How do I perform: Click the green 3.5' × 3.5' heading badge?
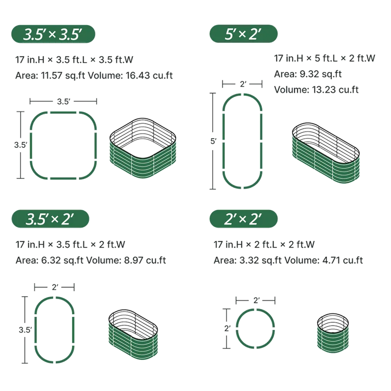53,34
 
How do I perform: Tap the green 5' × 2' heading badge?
243,34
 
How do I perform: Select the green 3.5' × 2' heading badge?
50,218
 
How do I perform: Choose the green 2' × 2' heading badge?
243,218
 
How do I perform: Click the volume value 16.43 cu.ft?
149,75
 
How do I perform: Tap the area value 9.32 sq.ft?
321,74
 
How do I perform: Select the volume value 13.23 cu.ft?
335,90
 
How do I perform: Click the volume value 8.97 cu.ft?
145,261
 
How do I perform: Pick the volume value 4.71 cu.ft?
343,261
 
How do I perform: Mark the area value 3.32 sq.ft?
261,261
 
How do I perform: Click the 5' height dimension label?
213,141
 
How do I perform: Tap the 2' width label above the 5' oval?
243,84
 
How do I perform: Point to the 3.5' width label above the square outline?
64,102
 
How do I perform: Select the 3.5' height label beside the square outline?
21,145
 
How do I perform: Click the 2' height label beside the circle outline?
227,328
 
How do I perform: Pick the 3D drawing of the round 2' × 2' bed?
333,333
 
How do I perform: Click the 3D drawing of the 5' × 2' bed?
326,153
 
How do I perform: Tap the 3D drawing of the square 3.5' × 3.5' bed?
143,148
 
